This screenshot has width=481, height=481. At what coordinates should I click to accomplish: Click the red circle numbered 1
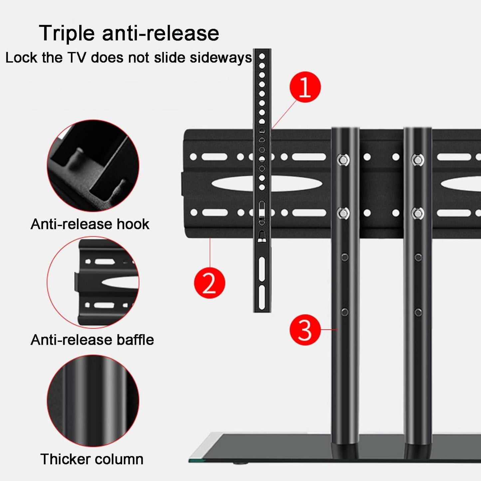click(305, 87)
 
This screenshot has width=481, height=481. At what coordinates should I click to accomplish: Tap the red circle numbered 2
click(209, 283)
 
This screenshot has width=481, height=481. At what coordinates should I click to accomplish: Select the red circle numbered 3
click(305, 330)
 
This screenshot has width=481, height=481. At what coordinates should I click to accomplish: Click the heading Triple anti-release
click(129, 33)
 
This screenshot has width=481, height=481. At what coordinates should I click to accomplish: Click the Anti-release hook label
click(90, 224)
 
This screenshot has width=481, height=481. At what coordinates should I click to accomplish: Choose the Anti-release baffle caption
click(92, 340)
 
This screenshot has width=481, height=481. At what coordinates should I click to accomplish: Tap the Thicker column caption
click(92, 459)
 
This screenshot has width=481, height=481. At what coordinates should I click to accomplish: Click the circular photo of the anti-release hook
click(93, 165)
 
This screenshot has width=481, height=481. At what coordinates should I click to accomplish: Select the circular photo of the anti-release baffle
click(93, 282)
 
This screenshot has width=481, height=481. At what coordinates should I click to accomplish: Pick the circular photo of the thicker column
click(93, 400)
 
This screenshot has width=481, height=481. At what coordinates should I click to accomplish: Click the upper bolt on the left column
click(343, 160)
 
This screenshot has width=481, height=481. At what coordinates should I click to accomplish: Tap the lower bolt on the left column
click(343, 213)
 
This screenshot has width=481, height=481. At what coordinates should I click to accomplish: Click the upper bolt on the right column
click(417, 160)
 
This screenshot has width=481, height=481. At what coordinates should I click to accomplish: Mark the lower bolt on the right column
click(417, 213)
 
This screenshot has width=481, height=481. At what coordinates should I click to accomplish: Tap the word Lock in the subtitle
click(21, 58)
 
